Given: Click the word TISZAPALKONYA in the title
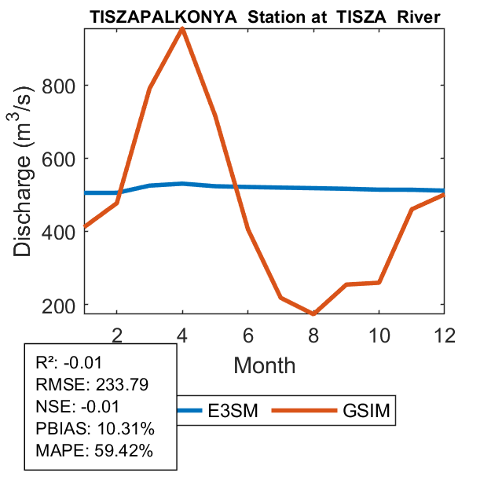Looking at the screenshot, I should click(x=156, y=16).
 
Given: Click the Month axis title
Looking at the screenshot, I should click(x=264, y=365).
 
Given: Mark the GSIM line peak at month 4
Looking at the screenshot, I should click(x=182, y=28).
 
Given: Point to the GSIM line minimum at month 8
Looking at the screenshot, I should click(x=313, y=313).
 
